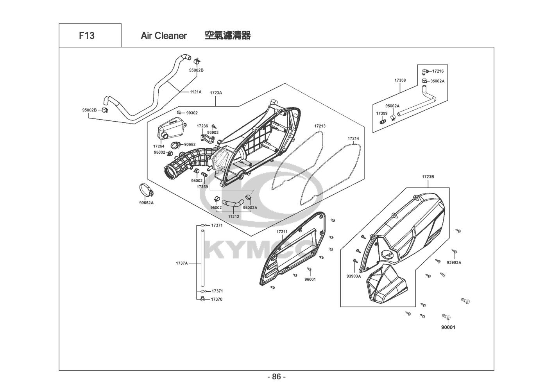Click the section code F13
(87, 36)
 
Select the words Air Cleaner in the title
(164, 36)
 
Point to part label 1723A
(216, 93)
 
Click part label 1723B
(428, 177)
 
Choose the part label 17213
(320, 126)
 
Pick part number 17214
(353, 138)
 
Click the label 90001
(448, 327)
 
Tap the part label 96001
(310, 279)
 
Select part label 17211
(282, 232)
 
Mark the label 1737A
(182, 263)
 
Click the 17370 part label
(217, 300)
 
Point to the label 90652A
(147, 203)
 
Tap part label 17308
(400, 80)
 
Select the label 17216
(438, 71)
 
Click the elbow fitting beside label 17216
(425, 72)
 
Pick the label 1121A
(195, 92)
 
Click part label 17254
(159, 146)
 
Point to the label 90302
(192, 113)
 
